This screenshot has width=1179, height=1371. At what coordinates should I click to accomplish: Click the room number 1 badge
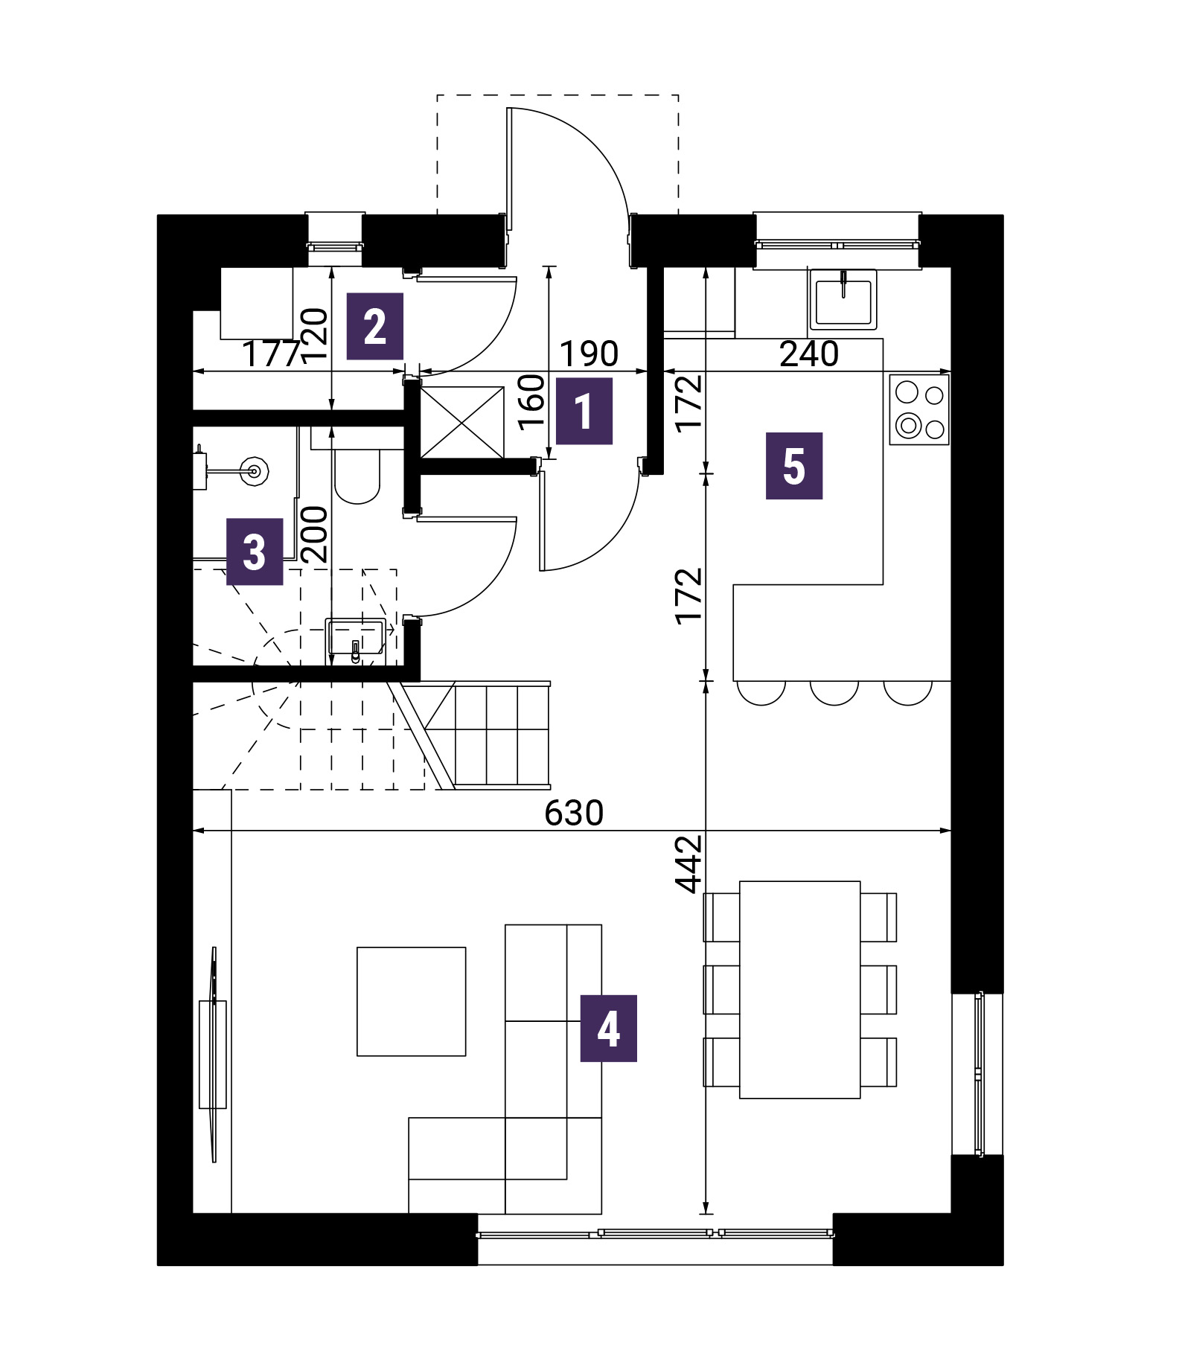pos(584,411)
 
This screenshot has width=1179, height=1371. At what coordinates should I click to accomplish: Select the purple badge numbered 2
pos(375,326)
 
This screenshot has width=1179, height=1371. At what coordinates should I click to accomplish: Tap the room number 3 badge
pos(255,552)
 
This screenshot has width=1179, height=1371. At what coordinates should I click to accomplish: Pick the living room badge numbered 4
pos(609,1028)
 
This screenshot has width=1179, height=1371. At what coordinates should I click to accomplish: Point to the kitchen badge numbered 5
pos(794,466)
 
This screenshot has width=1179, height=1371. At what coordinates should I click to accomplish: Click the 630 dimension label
pos(574,814)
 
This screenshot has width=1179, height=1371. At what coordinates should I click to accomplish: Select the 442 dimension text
pos(689,864)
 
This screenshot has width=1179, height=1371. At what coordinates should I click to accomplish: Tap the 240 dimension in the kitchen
pos(809,354)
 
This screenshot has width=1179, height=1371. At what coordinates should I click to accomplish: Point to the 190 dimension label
pos(589,354)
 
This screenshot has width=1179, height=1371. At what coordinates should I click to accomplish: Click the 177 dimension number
pos(272,354)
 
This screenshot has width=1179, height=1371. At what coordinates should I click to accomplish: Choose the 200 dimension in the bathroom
pos(315,534)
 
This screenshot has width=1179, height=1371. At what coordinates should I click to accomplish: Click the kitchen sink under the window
pos(843,299)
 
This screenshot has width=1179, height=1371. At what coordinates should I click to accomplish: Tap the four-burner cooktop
pos(919,409)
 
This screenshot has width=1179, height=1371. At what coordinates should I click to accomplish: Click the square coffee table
pos(412,1001)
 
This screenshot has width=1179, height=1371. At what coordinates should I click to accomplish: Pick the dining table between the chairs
pos(800,990)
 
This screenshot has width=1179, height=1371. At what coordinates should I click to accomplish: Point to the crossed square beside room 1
pos(462,422)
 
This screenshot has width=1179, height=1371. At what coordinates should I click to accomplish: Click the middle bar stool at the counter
pos(834,693)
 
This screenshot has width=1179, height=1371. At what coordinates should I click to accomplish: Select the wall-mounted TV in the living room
pos(214,1054)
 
